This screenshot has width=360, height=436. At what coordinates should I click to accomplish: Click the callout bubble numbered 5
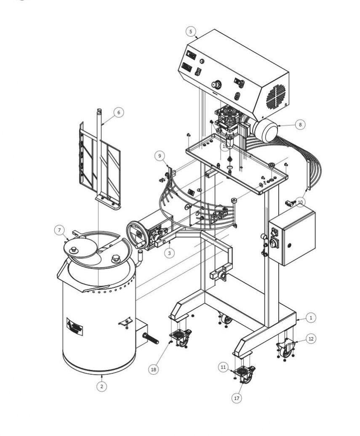[x=191, y=31]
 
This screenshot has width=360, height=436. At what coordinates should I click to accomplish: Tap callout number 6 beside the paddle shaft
[x=119, y=112]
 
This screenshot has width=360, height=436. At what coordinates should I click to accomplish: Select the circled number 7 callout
[x=59, y=230]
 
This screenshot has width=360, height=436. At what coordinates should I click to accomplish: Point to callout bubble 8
[x=300, y=125]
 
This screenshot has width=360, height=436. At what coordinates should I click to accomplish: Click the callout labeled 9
[x=160, y=156]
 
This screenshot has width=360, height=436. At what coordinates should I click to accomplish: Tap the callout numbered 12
[x=310, y=338]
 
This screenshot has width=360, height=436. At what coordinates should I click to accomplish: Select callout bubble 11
[x=224, y=367]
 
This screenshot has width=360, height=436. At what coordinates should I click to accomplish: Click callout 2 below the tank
[x=101, y=385]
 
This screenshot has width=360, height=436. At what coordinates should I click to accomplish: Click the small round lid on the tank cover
[x=80, y=248]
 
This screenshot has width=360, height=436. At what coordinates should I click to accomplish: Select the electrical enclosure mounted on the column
[x=292, y=237]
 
